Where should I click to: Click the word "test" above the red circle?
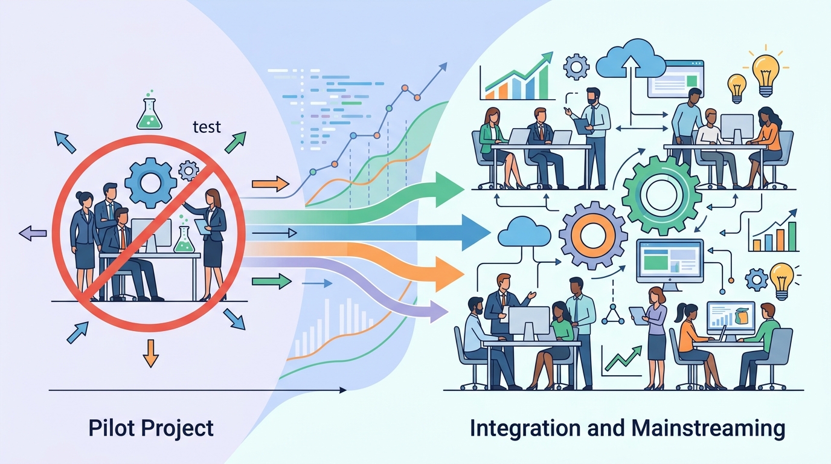point(207,127)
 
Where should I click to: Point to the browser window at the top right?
point(676,79)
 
